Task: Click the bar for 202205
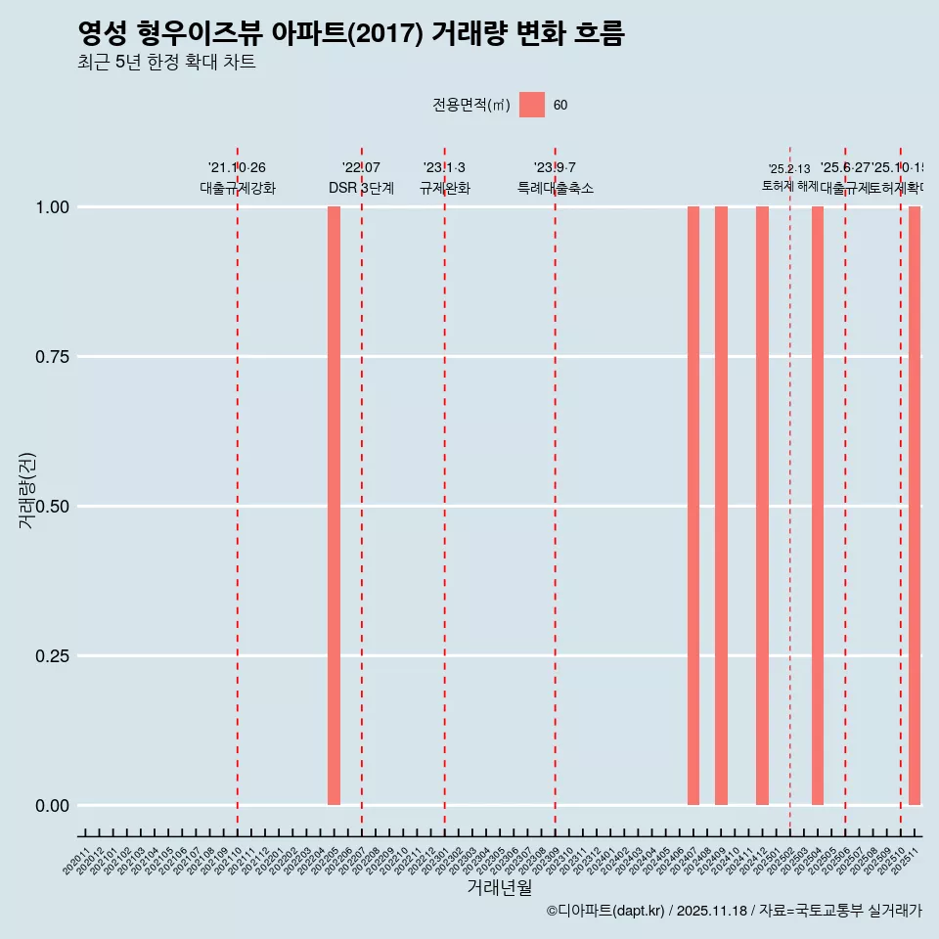[334, 506]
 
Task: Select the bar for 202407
[693, 506]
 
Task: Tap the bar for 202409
[721, 506]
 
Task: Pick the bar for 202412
[762, 506]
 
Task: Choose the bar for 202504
[818, 506]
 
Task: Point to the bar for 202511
[915, 506]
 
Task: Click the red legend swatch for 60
[532, 105]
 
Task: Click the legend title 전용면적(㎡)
[471, 105]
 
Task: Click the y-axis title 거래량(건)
[27, 489]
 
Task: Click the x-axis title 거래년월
[500, 887]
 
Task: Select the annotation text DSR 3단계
[361, 188]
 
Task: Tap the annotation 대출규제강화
[238, 188]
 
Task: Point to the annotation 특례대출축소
[556, 188]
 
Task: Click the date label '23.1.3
[444, 168]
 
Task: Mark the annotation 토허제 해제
[790, 185]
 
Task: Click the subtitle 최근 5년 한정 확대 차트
[166, 63]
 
